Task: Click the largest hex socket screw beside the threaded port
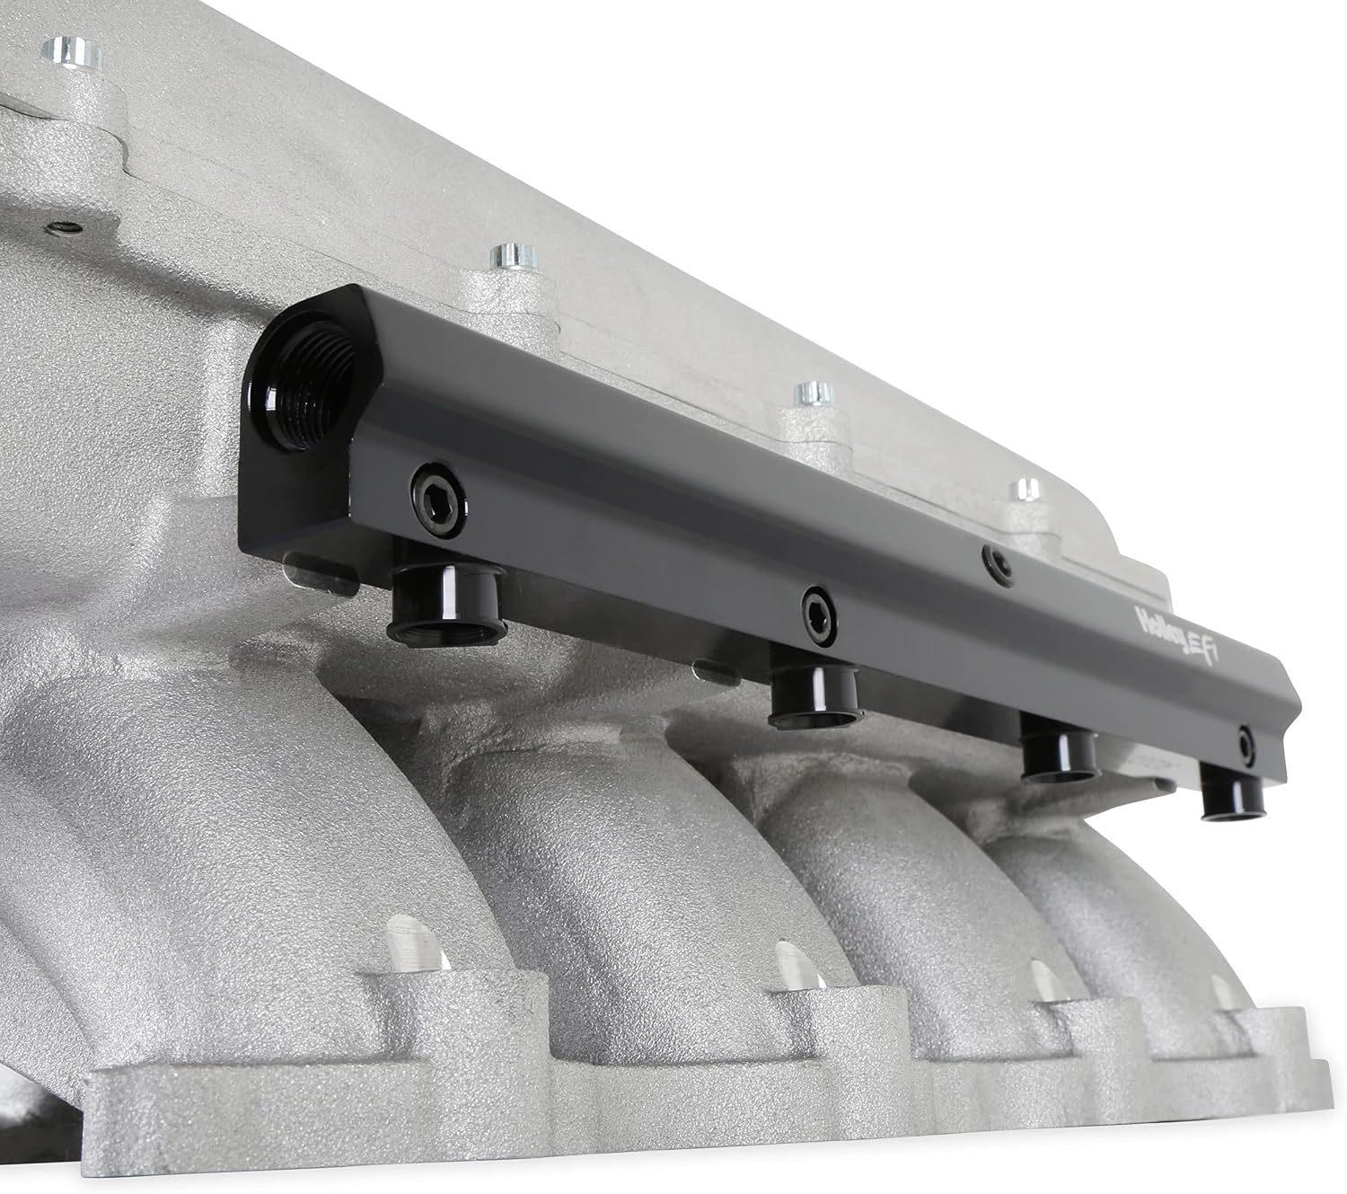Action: click(438, 500)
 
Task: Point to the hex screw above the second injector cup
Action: click(818, 616)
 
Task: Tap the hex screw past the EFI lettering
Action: click(1244, 748)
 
